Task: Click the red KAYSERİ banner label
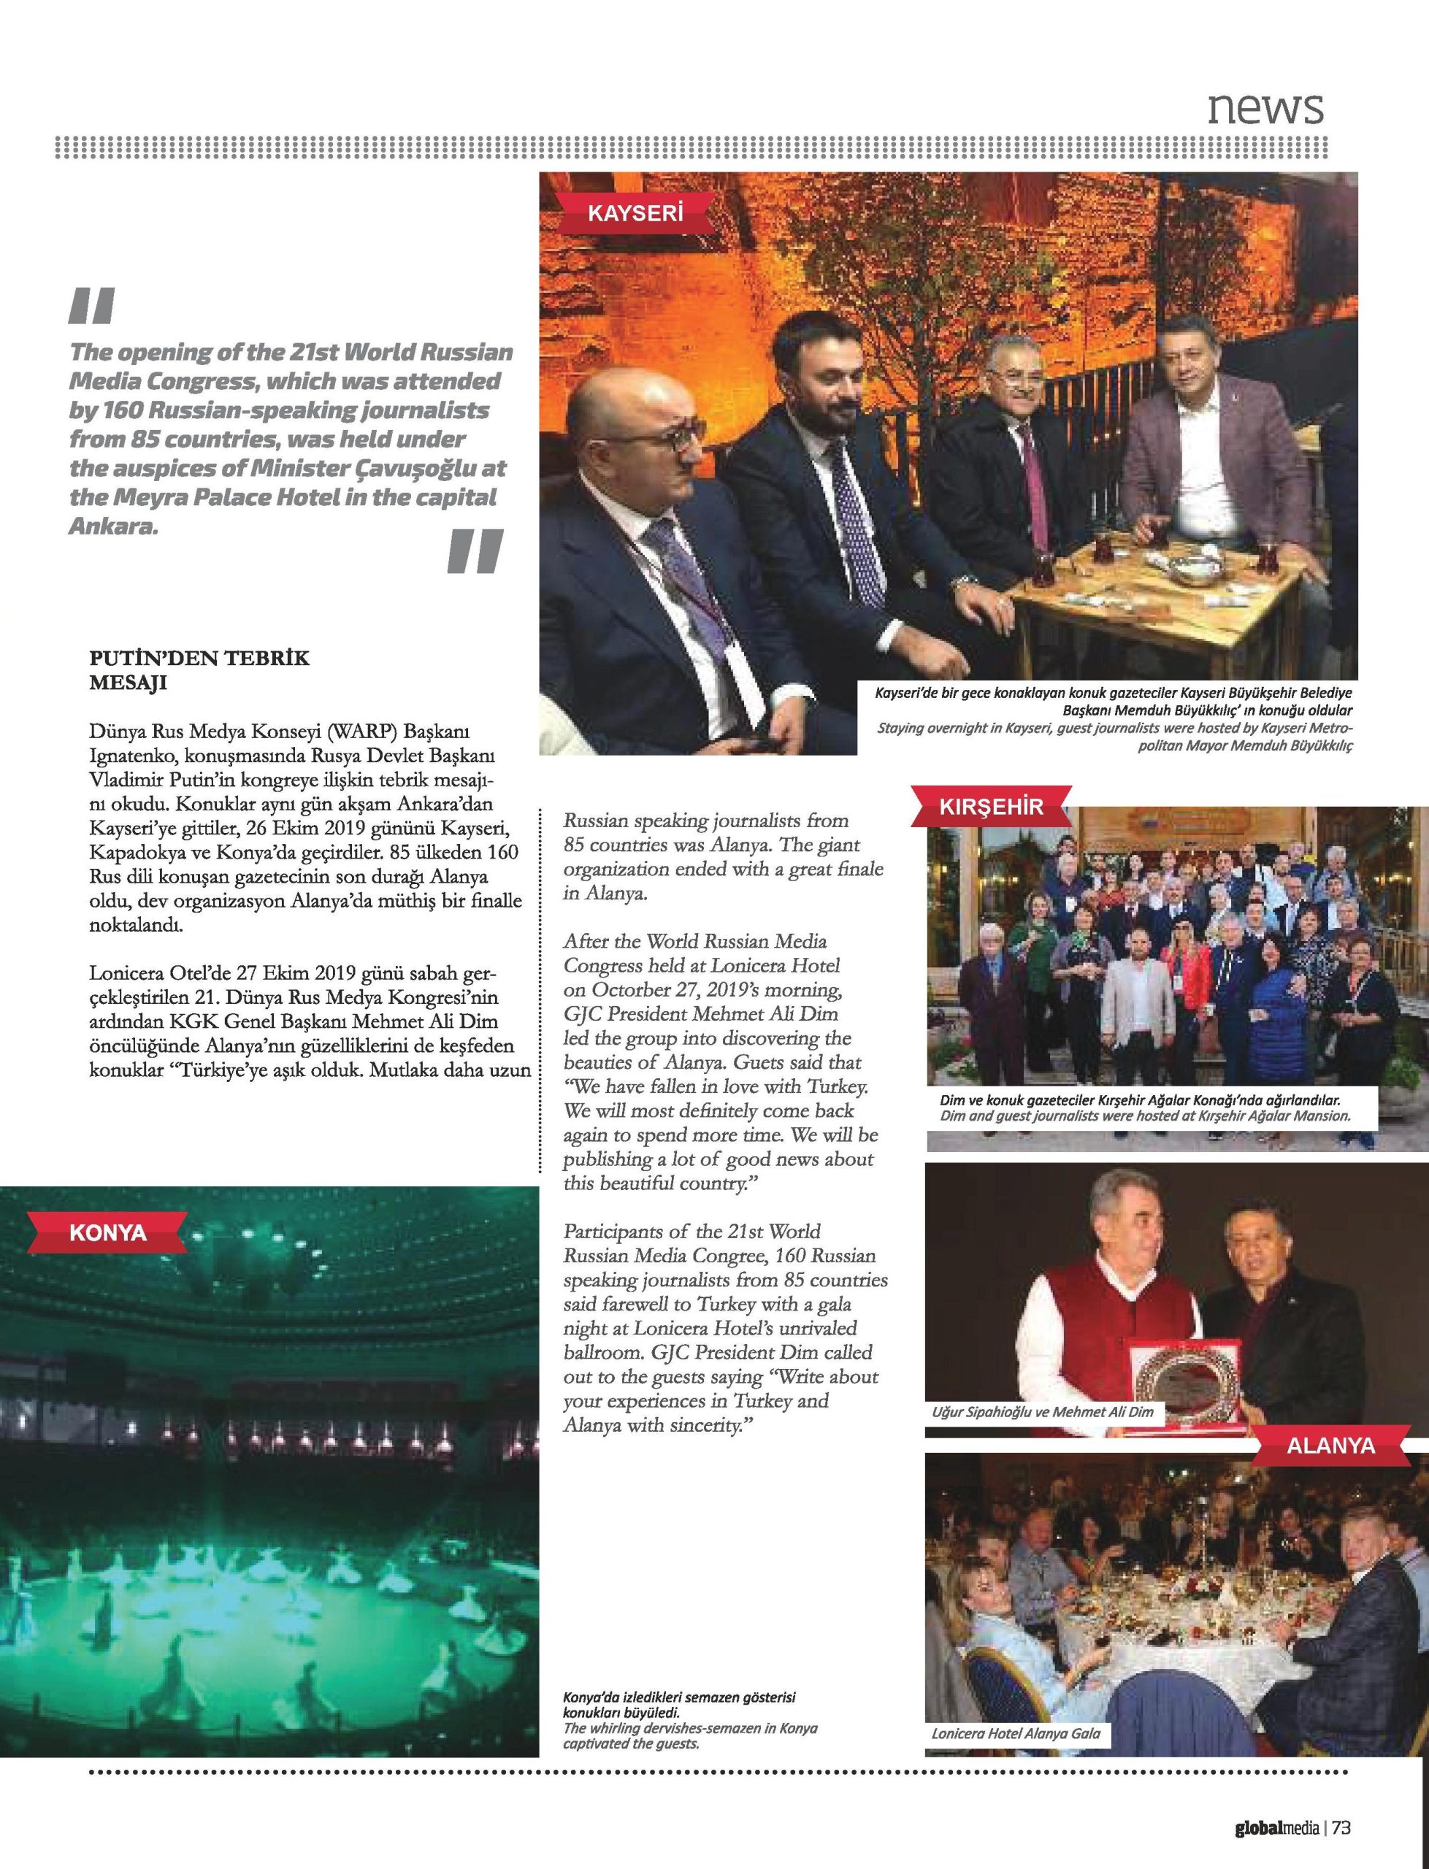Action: pos(635,212)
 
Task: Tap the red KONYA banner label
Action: pos(108,1232)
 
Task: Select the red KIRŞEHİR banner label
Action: pos(990,806)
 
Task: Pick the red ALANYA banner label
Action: pos(1330,1445)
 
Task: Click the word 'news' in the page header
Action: pos(1265,107)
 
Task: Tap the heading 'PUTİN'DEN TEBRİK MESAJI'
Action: pos(199,670)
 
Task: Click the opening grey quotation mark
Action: pos(91,306)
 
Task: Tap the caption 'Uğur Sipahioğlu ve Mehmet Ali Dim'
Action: pos(1043,1411)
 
